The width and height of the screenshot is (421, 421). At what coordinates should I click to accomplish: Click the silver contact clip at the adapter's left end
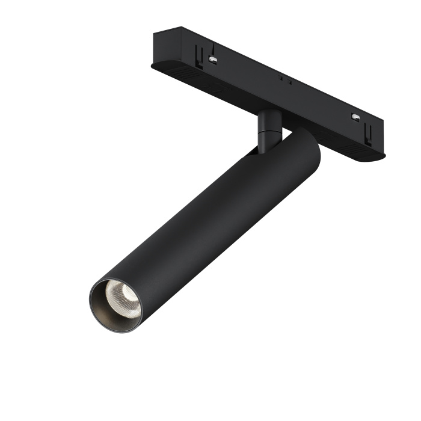point(212,58)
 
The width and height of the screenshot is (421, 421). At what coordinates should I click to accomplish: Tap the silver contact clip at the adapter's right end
point(356,115)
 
